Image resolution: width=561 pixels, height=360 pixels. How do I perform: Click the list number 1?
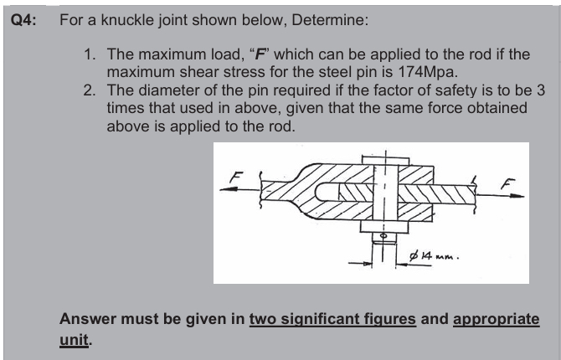90,54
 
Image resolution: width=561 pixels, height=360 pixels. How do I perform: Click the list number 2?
90,90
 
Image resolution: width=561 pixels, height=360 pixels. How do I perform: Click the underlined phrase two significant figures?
332,321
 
